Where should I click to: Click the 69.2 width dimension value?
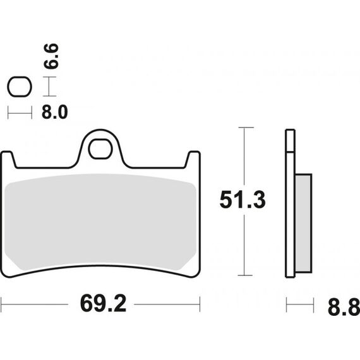pyautogui.click(x=104, y=304)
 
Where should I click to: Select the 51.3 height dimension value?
pyautogui.click(x=243, y=200)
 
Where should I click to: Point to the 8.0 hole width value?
pyautogui.click(x=55, y=112)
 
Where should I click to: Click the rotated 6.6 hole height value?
pyautogui.click(x=51, y=56)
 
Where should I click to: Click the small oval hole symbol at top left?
pyautogui.click(x=20, y=87)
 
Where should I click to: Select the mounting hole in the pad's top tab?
pyautogui.click(x=100, y=149)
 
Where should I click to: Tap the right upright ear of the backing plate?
pyautogui.click(x=193, y=160)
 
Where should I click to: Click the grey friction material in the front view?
pyautogui.click(x=100, y=222)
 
